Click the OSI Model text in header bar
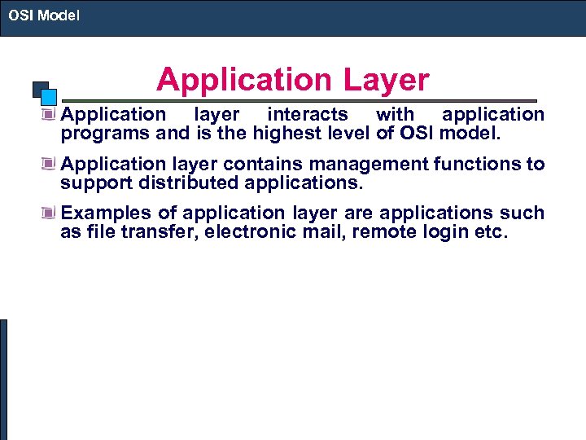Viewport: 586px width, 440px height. pyautogui.click(x=44, y=15)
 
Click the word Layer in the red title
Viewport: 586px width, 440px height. pyautogui.click(x=385, y=80)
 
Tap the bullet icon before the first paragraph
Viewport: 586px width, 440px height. pyautogui.click(x=51, y=115)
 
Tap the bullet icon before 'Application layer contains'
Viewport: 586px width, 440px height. pyautogui.click(x=51, y=164)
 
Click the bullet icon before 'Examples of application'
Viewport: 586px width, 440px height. pyautogui.click(x=51, y=213)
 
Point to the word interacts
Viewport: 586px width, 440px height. pyautogui.click(x=308, y=115)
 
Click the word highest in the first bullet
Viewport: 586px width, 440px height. pyautogui.click(x=290, y=133)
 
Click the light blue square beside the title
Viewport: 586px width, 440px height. pyautogui.click(x=49, y=95)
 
